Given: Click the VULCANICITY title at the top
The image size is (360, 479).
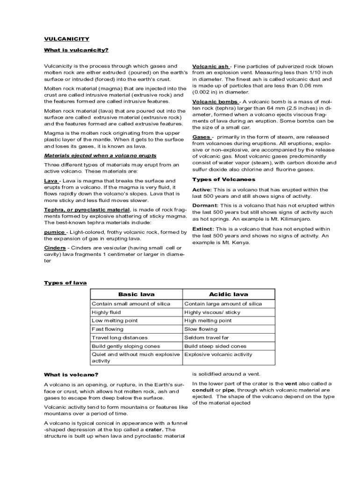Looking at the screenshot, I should tap(66, 39).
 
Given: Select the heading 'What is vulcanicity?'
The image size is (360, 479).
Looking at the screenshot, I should tap(76, 50).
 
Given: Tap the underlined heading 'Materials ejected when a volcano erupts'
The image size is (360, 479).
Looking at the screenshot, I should tap(100, 155).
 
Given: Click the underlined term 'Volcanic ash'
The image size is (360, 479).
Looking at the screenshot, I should tap(210, 66).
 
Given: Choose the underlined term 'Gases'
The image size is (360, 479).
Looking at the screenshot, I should tap(202, 137).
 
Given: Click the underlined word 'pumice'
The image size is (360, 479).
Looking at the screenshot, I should tap(55, 232).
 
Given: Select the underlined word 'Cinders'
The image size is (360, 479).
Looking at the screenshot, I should tap(55, 247).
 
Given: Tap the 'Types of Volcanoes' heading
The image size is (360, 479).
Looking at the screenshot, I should tap(224, 179).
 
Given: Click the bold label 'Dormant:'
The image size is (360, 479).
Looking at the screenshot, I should tap(205, 205).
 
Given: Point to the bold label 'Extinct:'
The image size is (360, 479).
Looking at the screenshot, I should tap(203, 229).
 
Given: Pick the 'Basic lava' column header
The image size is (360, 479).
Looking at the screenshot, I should tap(136, 294).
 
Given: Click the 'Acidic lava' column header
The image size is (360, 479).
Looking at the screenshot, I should tap(229, 294).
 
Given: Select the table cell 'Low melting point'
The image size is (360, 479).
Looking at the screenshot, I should tap(115, 320).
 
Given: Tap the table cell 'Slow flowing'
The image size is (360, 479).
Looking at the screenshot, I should tap(201, 329).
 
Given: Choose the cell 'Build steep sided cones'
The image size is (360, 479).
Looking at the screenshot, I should tap(215, 346).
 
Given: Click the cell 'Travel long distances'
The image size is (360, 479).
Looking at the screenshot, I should tap(119, 338).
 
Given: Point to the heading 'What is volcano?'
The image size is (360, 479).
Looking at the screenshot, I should tap(71, 375).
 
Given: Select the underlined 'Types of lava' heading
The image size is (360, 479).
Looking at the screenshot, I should tap(65, 283).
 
